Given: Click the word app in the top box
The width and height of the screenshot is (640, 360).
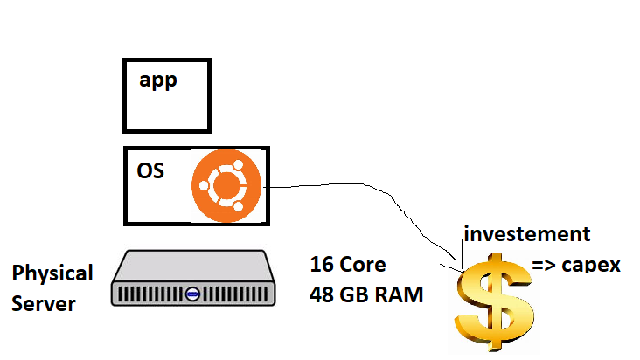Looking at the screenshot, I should [x=157, y=81].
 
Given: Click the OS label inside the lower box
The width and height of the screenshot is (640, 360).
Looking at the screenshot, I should [x=151, y=169].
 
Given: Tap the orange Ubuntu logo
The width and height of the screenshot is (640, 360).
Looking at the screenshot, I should [x=227, y=185].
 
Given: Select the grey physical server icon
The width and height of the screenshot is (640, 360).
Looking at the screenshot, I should [x=192, y=277].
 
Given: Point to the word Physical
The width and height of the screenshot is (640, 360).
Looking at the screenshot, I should [x=52, y=273].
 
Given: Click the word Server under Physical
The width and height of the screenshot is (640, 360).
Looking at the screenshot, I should [x=44, y=304].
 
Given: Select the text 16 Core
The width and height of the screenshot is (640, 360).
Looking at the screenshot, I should [x=347, y=265].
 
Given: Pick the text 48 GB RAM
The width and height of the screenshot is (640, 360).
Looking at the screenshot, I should [x=365, y=295].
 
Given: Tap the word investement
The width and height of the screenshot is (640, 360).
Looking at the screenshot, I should [x=527, y=234].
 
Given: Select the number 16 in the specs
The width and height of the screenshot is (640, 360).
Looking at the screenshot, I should [x=321, y=265].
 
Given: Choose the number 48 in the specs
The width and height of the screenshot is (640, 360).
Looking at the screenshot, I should [x=322, y=295].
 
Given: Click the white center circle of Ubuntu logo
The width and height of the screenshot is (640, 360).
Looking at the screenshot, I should [x=227, y=185].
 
